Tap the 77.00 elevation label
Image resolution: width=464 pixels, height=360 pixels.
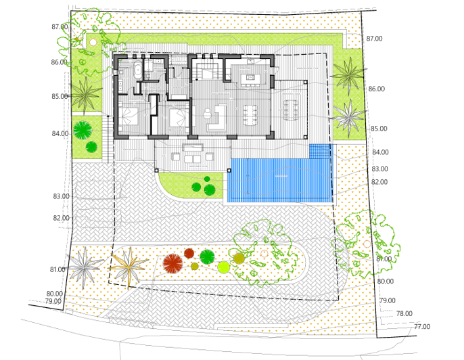coord(421,327)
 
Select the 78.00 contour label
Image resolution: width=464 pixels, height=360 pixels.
coord(404,314)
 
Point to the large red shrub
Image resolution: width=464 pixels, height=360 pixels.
coord(173,263)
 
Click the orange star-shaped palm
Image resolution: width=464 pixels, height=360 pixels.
coord(128,265)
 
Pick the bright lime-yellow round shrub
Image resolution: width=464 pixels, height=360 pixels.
coord(224,267)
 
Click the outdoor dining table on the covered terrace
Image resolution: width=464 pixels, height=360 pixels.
coord(291,110)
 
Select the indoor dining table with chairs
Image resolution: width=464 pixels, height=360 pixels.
coord(250,114)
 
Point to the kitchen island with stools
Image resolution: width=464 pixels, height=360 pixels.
coord(250,78)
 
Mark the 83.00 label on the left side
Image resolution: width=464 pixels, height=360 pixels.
coord(61,197)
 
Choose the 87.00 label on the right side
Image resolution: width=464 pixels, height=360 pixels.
coord(374,39)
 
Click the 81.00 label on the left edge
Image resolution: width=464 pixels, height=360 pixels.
coord(57,270)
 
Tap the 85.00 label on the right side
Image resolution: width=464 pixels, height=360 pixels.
coord(379,129)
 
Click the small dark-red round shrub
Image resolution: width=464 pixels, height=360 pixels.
coord(189,253)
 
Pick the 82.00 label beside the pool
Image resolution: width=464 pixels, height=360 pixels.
coord(379,182)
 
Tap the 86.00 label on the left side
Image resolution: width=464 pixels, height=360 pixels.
coord(59,62)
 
